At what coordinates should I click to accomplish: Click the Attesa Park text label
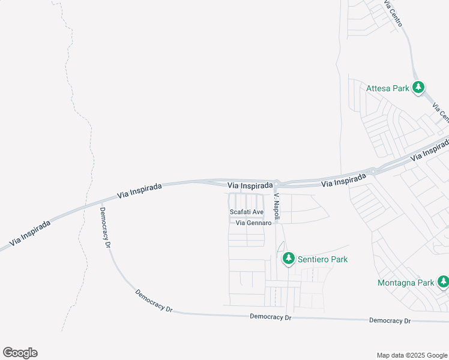pyautogui.click(x=387, y=88)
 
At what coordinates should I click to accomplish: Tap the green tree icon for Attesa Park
pyautogui.click(x=419, y=88)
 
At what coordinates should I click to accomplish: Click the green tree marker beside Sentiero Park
pyautogui.click(x=289, y=258)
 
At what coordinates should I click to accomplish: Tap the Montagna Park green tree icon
pyautogui.click(x=443, y=281)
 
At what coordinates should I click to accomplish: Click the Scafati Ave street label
pyautogui.click(x=247, y=212)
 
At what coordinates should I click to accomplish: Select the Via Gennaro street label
pyautogui.click(x=254, y=223)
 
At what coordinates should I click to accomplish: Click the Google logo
pyautogui.click(x=20, y=353)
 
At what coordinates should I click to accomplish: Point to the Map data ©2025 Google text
pyautogui.click(x=411, y=355)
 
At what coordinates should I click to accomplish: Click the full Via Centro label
pyautogui.click(x=394, y=13)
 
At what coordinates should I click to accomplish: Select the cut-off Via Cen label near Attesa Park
pyautogui.click(x=441, y=112)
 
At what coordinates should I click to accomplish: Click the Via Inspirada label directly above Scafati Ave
pyautogui.click(x=254, y=185)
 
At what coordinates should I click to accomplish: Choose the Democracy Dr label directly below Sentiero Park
pyautogui.click(x=270, y=316)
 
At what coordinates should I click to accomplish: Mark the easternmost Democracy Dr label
pyautogui.click(x=390, y=320)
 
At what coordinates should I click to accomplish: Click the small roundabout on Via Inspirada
pyautogui.click(x=374, y=171)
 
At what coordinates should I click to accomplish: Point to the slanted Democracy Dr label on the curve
pyautogui.click(x=154, y=301)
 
